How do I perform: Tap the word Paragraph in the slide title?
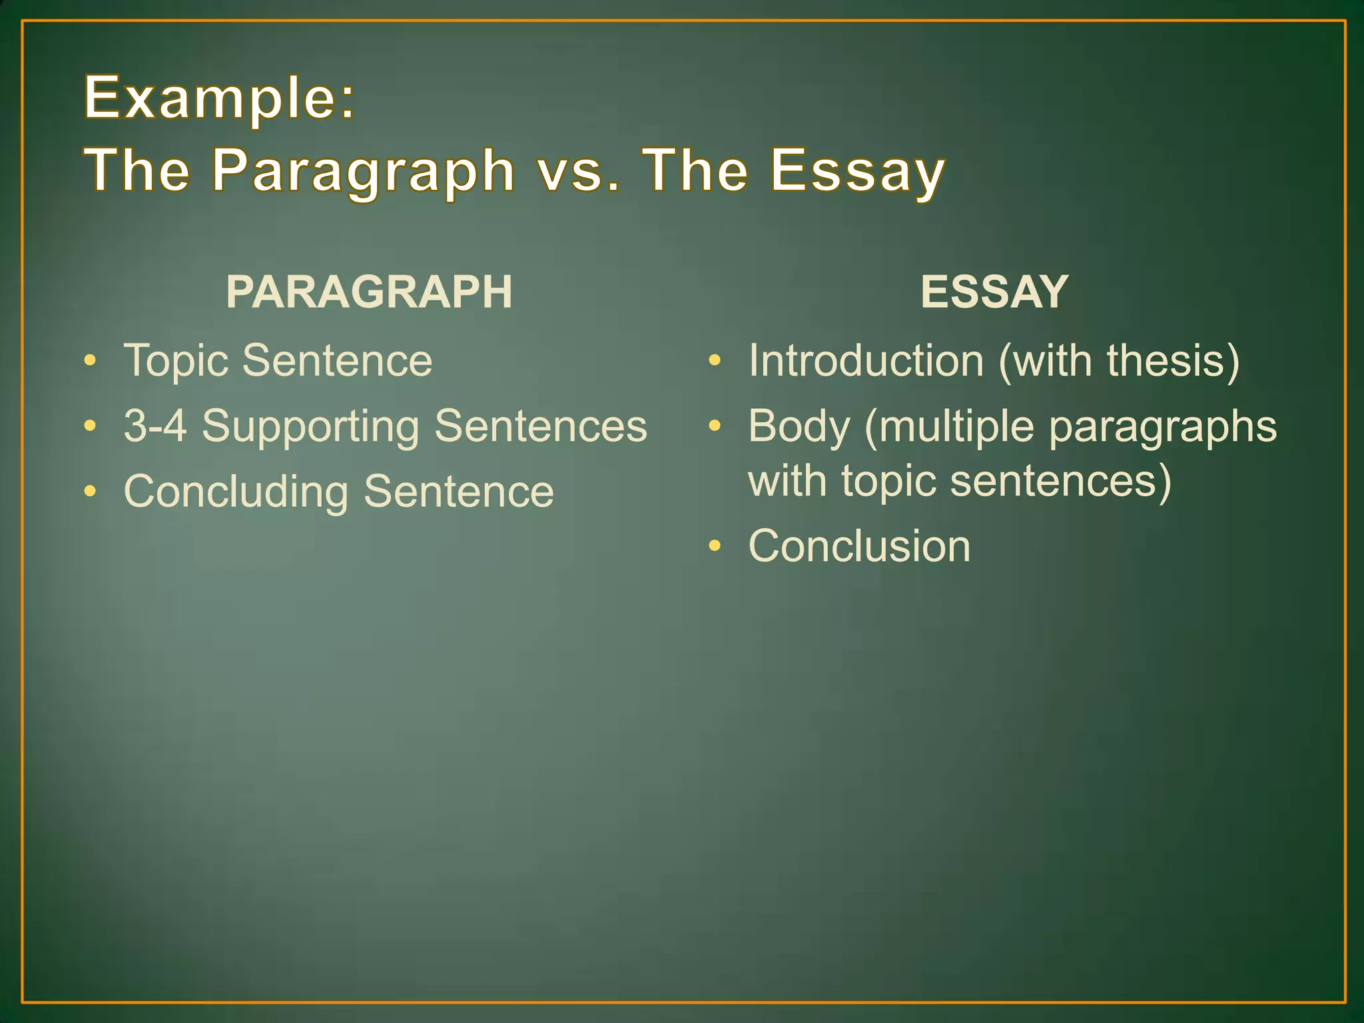pos(364,172)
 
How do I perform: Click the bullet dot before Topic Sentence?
pos(91,361)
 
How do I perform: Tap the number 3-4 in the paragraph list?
pos(155,426)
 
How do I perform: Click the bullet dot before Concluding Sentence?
pos(91,492)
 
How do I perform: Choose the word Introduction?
pos(866,361)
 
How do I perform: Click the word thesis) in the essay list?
pos(1173,361)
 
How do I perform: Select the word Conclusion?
pos(859,546)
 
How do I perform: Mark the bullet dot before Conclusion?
pos(715,546)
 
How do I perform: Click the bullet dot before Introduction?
pos(715,361)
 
